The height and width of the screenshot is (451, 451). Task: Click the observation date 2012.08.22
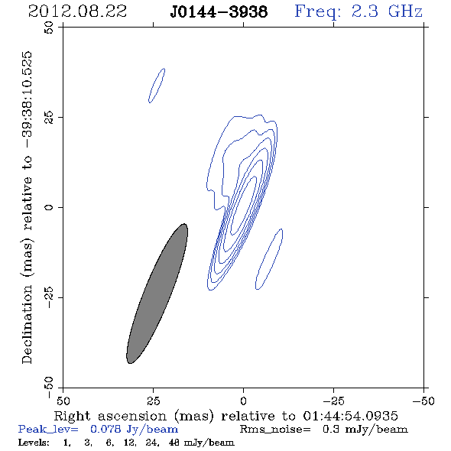[x=77, y=11]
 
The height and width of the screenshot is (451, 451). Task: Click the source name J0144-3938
[x=219, y=11]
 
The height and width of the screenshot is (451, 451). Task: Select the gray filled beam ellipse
[x=157, y=294]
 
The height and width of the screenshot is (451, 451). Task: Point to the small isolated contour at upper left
[x=157, y=86]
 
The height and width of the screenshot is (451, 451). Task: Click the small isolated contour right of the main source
[x=269, y=259]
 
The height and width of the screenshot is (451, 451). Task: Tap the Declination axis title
[x=27, y=207]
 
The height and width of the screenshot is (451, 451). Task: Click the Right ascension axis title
[x=226, y=416]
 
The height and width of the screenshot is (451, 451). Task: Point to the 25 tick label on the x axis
[x=153, y=401]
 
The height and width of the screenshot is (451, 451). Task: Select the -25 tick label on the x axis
[x=333, y=401]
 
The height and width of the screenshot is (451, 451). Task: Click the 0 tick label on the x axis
[x=243, y=401]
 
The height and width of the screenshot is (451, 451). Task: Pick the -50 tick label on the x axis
[x=423, y=401]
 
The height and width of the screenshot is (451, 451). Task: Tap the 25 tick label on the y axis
[x=49, y=118]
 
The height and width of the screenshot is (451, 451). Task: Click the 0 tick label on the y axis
[x=49, y=207]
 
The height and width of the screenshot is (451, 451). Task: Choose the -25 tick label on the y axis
[x=49, y=297]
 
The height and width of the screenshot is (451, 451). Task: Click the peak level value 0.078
[x=105, y=429]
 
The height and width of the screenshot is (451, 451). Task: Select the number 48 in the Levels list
[x=174, y=442]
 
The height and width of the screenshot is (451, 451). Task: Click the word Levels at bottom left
[x=34, y=442]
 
